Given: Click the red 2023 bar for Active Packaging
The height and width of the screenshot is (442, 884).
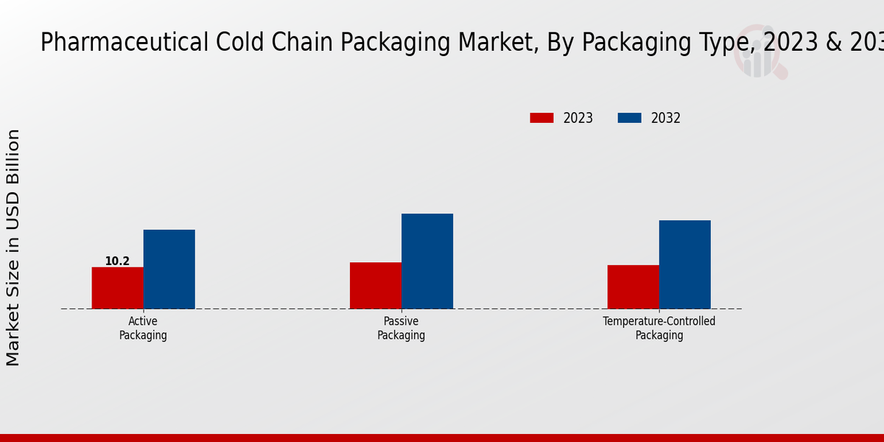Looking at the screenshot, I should [x=117, y=288].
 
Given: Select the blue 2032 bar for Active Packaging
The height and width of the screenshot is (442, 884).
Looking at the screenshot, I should [x=169, y=269].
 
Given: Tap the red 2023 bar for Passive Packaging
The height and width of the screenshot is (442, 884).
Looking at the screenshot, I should [x=375, y=286].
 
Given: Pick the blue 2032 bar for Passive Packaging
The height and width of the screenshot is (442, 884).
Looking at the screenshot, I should [x=427, y=261].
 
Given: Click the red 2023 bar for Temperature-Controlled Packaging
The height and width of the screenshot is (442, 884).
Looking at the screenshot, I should [x=633, y=287].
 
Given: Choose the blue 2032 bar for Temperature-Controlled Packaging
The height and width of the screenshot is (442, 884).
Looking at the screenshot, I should [x=684, y=264].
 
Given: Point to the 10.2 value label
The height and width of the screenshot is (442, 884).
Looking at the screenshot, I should [x=117, y=262].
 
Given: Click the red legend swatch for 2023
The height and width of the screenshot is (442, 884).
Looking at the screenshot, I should [x=541, y=118].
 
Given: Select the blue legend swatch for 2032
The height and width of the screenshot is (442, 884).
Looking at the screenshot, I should [x=629, y=118].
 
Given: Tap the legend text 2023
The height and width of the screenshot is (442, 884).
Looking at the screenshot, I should [x=578, y=118].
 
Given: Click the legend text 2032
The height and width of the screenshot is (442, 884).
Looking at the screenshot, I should [x=666, y=118].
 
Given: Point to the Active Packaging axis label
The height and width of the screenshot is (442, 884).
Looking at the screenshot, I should [x=143, y=329].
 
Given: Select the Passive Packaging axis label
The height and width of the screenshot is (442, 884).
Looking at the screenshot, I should [x=401, y=329].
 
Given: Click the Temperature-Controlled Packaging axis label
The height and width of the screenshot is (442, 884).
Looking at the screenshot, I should [x=659, y=329].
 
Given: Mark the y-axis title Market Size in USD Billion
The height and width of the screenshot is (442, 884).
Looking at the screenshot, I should [x=13, y=248].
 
